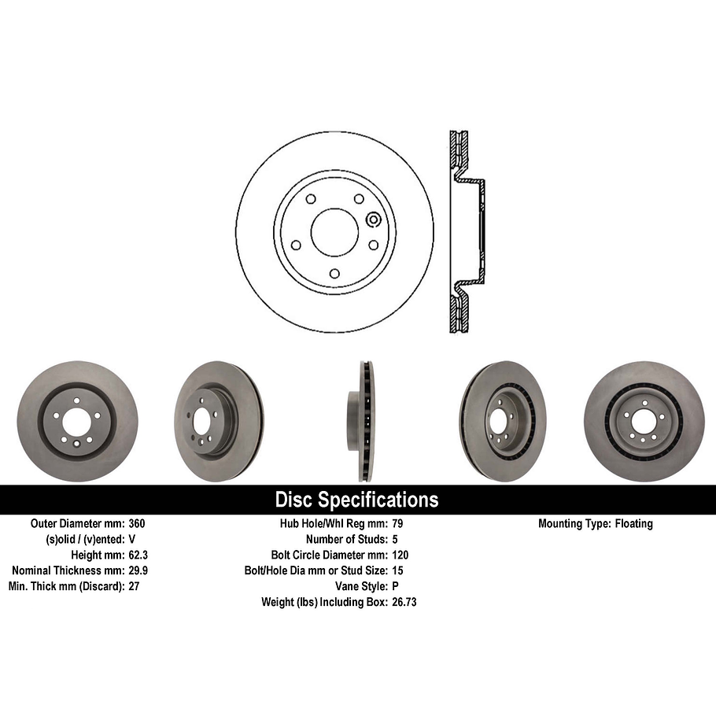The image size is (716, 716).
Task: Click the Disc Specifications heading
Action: click(x=356, y=500)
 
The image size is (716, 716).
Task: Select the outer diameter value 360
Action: click(x=136, y=523)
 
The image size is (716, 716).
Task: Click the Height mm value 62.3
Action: click(x=138, y=555)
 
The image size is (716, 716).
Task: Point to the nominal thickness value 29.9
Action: click(x=138, y=570)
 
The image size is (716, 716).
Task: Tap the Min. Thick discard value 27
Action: click(x=134, y=586)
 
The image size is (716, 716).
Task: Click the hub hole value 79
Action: click(x=397, y=523)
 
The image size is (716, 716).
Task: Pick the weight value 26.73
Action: click(x=404, y=602)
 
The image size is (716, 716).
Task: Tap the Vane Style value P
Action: click(x=394, y=586)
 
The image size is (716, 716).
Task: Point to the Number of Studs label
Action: click(x=345, y=539)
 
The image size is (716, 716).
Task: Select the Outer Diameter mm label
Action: click(x=77, y=523)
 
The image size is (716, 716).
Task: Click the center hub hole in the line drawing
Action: click(x=334, y=231)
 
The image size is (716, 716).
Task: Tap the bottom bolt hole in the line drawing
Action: click(x=334, y=273)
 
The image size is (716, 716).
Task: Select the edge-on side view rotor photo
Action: click(x=362, y=421)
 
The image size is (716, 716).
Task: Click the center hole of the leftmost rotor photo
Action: click(x=76, y=423)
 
